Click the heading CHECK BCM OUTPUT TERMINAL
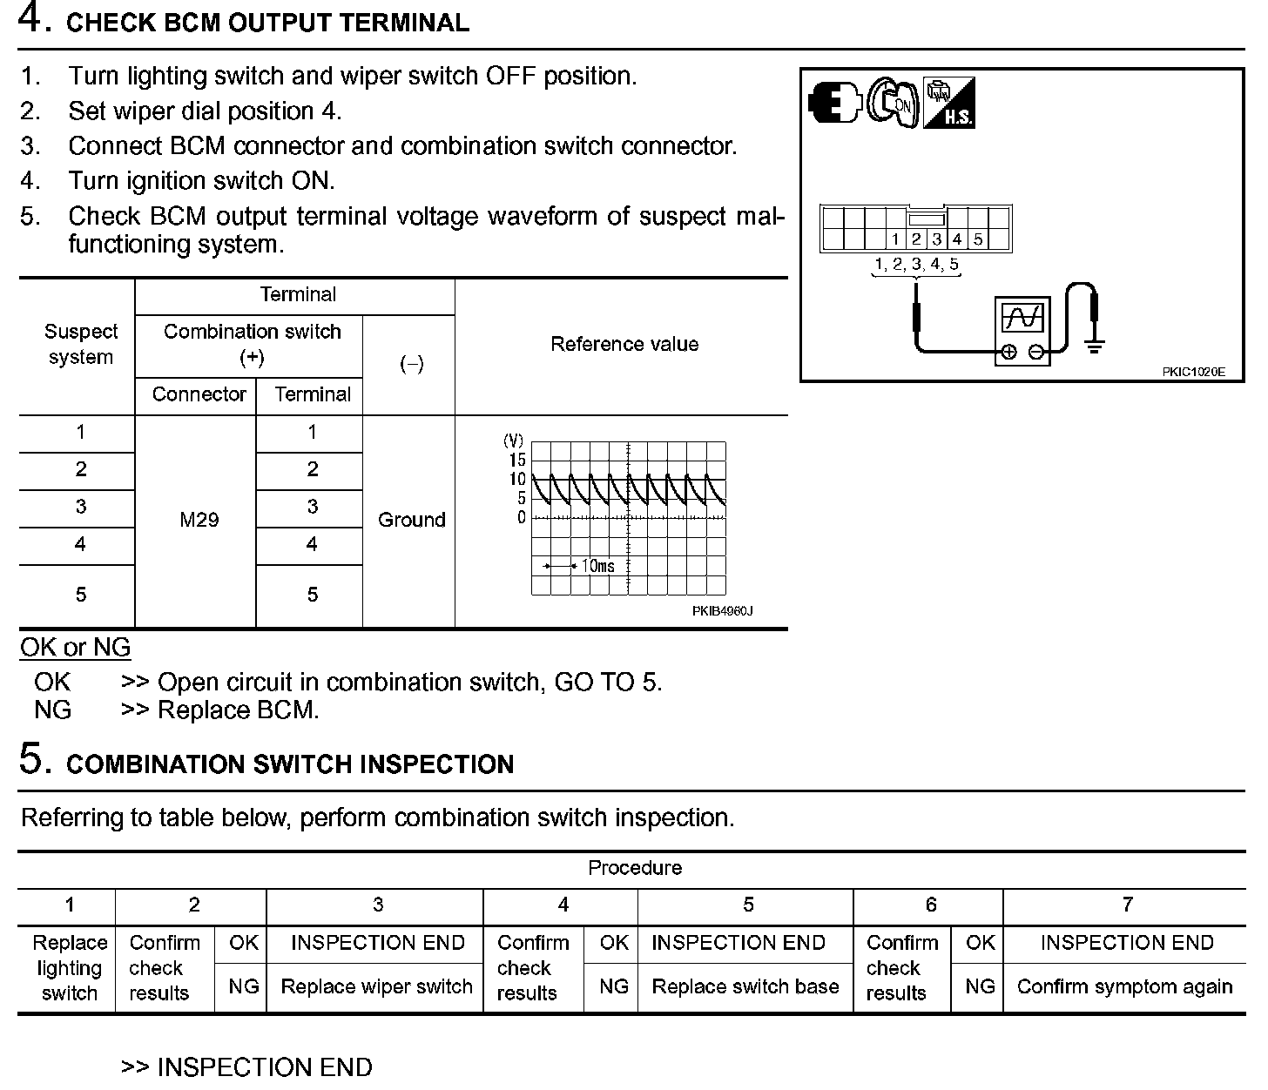point(267,23)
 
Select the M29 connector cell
point(199,520)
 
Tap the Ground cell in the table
point(411,520)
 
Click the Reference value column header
point(624,345)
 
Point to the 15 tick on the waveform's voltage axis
point(517,460)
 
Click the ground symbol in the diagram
point(1095,346)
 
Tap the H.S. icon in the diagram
point(949,103)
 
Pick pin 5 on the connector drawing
point(978,239)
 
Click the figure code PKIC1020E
point(1193,372)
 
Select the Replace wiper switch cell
point(376,987)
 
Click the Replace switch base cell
point(745,987)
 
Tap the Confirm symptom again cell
point(1124,987)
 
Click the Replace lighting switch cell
point(69,968)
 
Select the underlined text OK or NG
point(75,648)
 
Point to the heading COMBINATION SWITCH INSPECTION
point(290,764)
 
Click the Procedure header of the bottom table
point(635,868)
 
